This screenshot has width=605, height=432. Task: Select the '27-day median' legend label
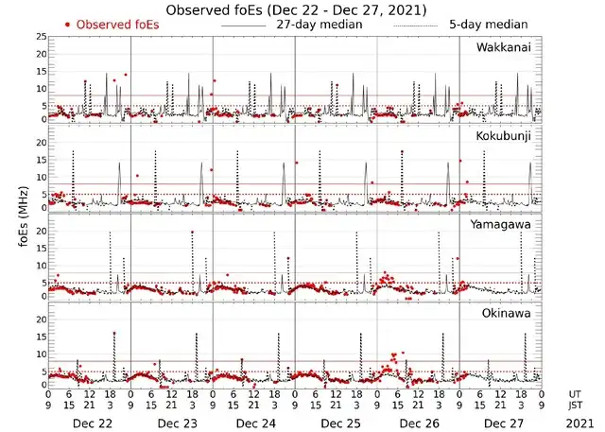pyautogui.click(x=319, y=24)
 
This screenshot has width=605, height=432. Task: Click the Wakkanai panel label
pyautogui.click(x=503, y=47)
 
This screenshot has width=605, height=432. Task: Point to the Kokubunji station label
pyautogui.click(x=503, y=136)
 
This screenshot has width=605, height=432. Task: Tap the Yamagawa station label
pyautogui.click(x=502, y=224)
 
